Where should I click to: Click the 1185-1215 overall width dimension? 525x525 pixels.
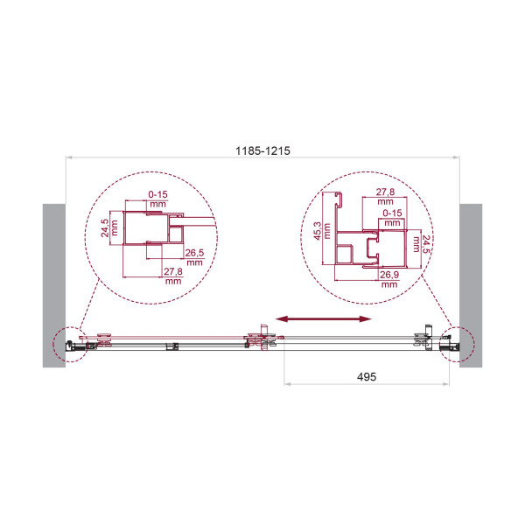pos(262,150)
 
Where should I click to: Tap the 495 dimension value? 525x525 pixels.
pos(367,376)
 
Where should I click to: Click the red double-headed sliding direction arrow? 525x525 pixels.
pos(324,319)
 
